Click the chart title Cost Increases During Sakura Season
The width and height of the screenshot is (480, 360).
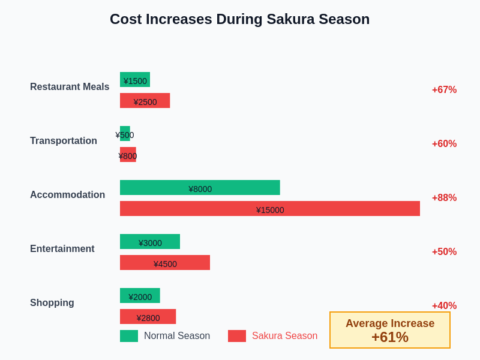pos(239,19)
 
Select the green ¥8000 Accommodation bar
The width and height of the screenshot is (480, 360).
pos(200,188)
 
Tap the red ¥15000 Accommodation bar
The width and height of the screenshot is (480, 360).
pos(270,209)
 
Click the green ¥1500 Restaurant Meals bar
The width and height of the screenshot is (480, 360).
pos(135,80)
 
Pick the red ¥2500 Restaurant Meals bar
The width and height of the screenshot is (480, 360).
pos(145,101)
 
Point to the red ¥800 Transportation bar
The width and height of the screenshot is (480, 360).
pos(128,155)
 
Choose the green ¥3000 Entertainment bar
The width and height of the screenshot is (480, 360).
pos(150,242)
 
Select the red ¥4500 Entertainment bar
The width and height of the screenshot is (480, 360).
pos(165,263)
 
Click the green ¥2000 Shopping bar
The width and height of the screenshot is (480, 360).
pos(140,296)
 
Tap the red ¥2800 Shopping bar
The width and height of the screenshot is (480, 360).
pos(148,317)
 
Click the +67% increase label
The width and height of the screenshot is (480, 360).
pos(444,90)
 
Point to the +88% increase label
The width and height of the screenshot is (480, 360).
pos(444,198)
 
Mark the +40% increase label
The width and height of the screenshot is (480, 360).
pos(444,306)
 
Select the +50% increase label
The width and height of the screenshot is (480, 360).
pos(444,252)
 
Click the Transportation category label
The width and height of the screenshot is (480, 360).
pos(64,141)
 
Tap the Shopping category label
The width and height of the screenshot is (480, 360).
pos(52,303)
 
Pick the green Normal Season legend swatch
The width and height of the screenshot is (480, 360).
pos(129,336)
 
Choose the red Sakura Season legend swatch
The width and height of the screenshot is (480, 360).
pos(237,336)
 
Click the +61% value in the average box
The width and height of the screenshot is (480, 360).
pos(390,337)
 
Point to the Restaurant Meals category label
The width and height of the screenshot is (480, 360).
pos(70,87)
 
